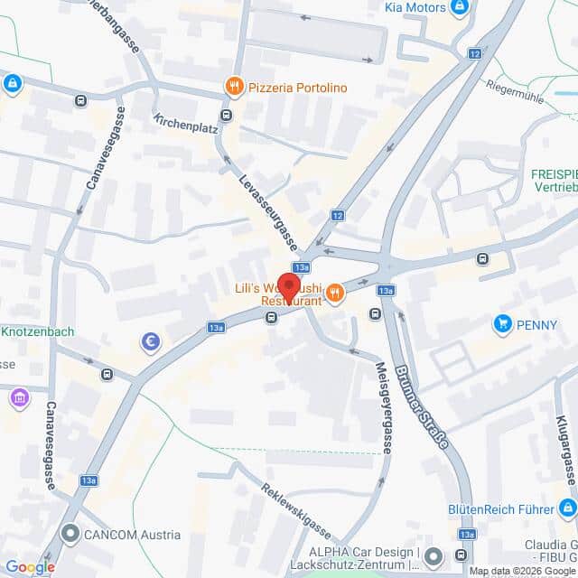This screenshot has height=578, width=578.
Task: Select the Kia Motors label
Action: (x=415, y=7)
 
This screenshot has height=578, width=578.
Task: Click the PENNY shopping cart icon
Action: (x=502, y=322)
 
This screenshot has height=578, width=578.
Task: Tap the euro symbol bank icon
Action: (x=151, y=343)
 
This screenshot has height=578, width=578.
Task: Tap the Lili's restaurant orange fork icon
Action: (x=334, y=292)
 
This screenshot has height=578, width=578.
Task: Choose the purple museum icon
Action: (x=19, y=396)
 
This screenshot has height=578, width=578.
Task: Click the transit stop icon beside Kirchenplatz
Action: (x=225, y=114)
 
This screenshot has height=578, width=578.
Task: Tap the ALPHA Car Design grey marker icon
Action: (x=433, y=555)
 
